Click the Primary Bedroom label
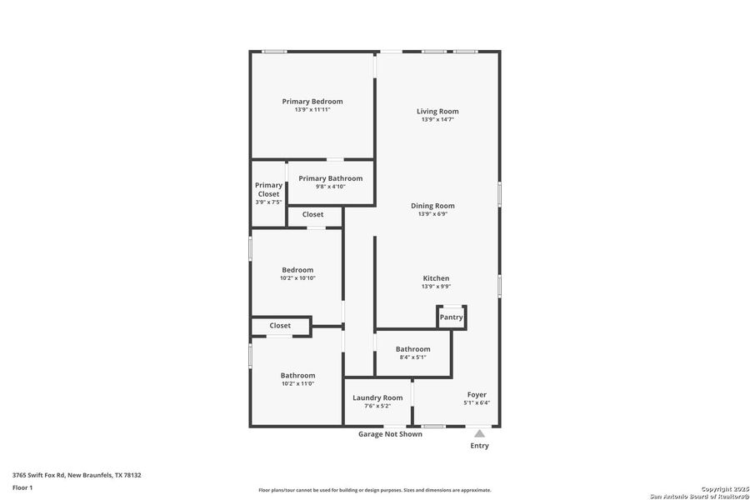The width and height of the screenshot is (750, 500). point(312,102)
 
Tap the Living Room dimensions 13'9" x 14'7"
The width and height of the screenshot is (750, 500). point(437,120)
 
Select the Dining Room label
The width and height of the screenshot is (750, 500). point(432,206)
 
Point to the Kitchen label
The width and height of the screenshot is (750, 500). point(436,278)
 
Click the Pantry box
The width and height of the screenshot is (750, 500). point(452,317)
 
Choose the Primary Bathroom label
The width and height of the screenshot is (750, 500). point(331,178)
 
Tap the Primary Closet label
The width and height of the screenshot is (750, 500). point(268,190)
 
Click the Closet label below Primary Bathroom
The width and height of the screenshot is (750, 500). point(313,215)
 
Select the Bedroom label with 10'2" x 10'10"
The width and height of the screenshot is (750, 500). point(297,270)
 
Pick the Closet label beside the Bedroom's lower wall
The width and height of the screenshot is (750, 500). point(280,326)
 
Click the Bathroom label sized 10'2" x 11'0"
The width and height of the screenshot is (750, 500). point(297,376)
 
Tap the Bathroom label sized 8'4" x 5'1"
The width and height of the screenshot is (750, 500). point(413,349)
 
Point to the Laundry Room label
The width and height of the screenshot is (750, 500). point(377,398)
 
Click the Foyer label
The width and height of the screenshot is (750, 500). point(477,395)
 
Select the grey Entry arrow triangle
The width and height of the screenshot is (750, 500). point(479,433)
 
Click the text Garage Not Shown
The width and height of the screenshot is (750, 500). point(390,434)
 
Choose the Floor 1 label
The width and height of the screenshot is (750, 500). point(22,487)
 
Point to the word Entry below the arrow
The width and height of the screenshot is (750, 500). point(480,446)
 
